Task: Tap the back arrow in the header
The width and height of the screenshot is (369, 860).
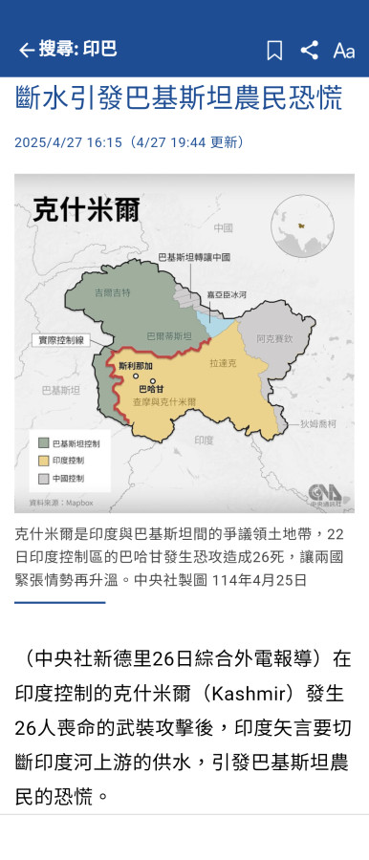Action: (x=26, y=50)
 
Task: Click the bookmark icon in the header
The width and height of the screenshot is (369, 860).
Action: (x=274, y=51)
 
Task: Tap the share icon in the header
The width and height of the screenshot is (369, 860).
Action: (x=309, y=51)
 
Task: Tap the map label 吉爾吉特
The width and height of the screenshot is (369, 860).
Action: (x=111, y=291)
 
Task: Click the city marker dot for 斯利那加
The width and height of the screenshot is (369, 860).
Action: (x=136, y=376)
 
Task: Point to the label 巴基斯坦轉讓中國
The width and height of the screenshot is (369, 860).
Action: (x=194, y=257)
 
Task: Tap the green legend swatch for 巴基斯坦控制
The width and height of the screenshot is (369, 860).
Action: (x=44, y=443)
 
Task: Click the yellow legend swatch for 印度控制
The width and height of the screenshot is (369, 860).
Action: (x=44, y=461)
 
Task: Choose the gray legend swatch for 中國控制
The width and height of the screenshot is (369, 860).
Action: (x=44, y=477)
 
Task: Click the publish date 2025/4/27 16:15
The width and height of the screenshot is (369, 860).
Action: (x=68, y=142)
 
